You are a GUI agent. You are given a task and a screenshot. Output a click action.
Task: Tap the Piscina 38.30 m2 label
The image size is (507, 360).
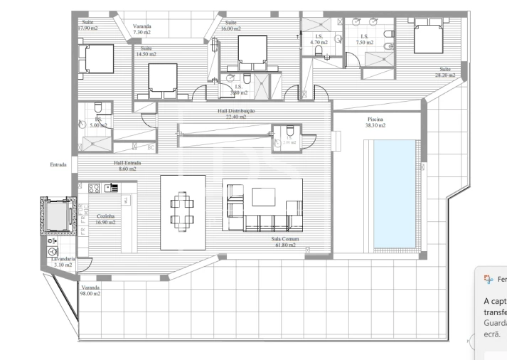coord(376,122)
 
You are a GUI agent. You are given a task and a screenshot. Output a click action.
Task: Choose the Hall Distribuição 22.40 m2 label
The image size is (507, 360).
coord(236,114)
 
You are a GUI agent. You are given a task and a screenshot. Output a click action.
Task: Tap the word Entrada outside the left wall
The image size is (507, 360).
coord(58,165)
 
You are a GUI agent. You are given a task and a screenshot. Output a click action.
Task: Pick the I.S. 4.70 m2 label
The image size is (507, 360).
coord(319,40)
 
